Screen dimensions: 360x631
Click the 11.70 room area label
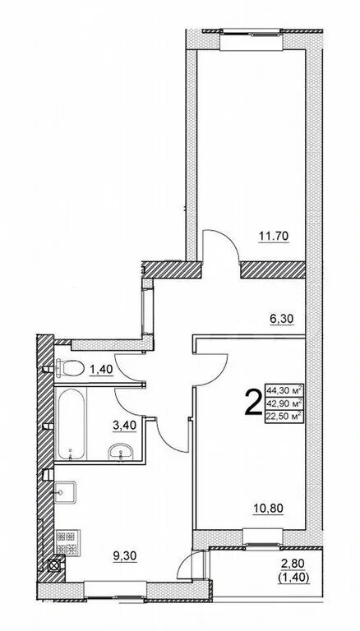(x=274, y=237)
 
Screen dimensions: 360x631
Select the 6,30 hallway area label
(x=281, y=319)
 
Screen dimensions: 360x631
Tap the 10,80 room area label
(x=268, y=509)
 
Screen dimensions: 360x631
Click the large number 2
(x=253, y=403)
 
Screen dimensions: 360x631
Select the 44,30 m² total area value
(x=284, y=390)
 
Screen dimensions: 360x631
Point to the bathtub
(x=72, y=423)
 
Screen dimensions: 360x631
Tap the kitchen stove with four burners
(x=67, y=542)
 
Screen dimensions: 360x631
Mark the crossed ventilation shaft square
(x=54, y=564)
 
